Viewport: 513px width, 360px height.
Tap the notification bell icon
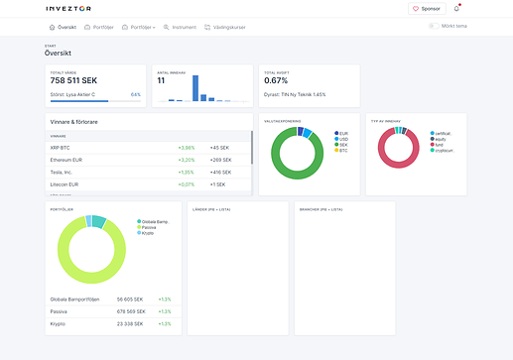pyautogui.click(x=456, y=8)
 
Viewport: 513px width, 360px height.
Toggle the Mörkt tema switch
pyautogui.click(x=435, y=26)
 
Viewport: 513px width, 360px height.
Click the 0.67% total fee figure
pyautogui.click(x=276, y=81)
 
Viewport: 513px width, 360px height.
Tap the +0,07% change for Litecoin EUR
pyautogui.click(x=186, y=184)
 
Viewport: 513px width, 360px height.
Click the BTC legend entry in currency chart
pyautogui.click(x=342, y=152)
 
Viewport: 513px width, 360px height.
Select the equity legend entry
pyautogui.click(x=440, y=140)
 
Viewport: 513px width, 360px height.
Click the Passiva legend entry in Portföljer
pyautogui.click(x=152, y=226)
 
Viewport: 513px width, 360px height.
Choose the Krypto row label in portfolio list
pyautogui.click(x=59, y=323)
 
